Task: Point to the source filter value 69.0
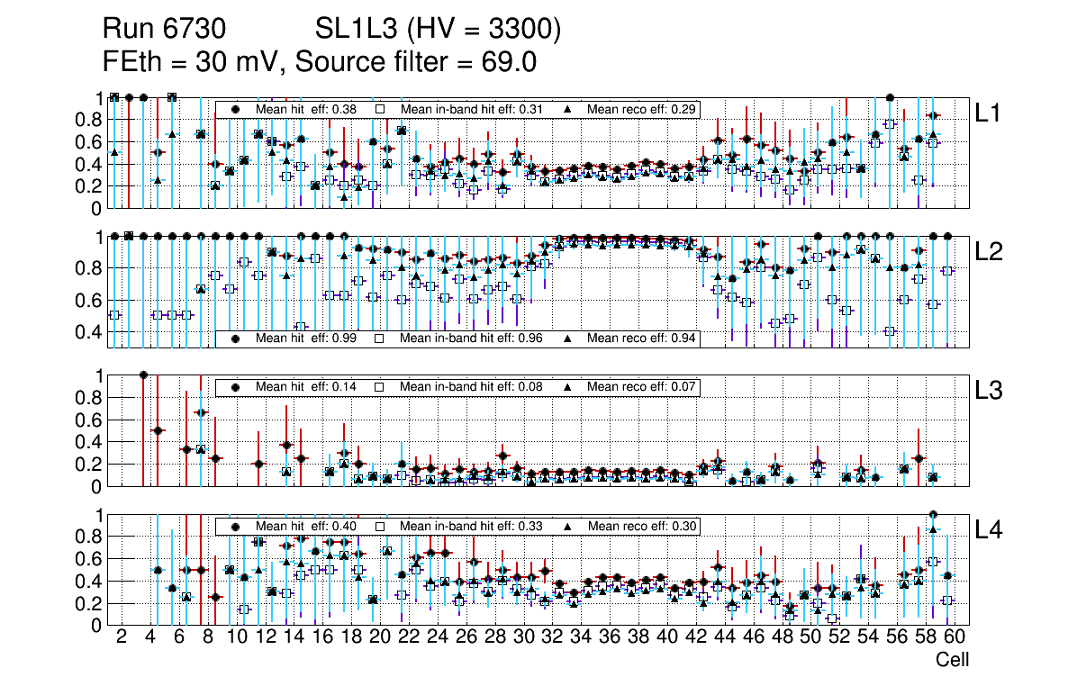click(508, 62)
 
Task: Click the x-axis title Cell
click(952, 660)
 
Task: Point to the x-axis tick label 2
click(122, 636)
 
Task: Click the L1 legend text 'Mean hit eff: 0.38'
click(306, 109)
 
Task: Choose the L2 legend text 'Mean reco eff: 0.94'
click(640, 338)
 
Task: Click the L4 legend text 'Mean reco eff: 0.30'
click(640, 526)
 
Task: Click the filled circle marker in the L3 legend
click(235, 386)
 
